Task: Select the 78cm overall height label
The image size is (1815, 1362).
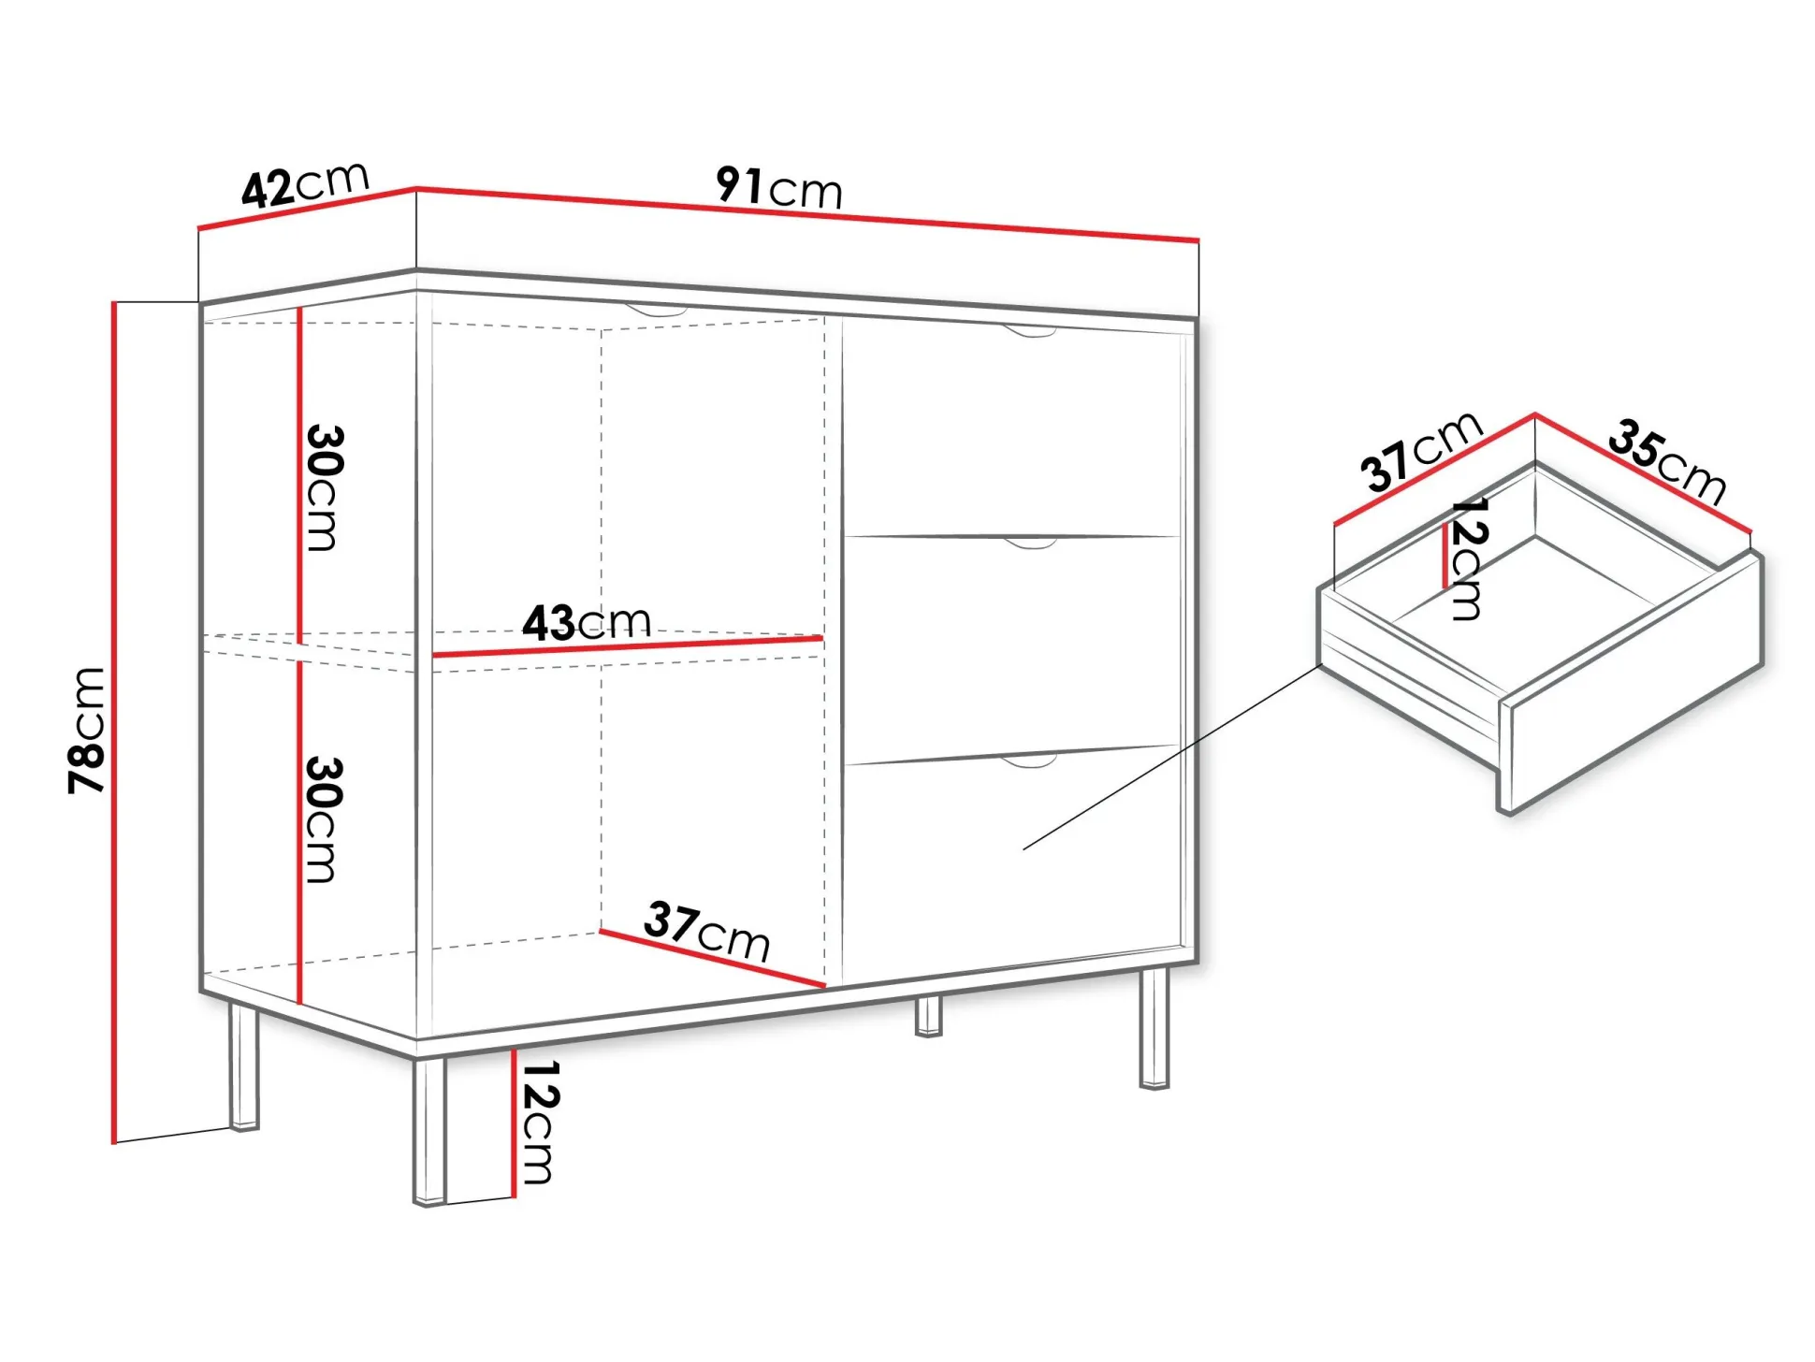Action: (x=87, y=731)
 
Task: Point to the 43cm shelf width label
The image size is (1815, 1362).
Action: (x=586, y=622)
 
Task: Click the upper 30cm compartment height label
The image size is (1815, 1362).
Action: (x=324, y=487)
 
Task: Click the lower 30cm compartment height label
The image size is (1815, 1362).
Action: (x=324, y=819)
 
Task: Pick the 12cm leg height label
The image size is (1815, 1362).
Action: (x=539, y=1122)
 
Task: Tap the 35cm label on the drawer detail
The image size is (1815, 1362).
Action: (x=1667, y=461)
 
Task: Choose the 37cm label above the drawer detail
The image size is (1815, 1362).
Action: (x=1421, y=451)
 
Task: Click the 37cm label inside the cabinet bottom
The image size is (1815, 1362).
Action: (x=706, y=931)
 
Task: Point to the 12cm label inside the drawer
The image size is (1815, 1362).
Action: (x=1467, y=558)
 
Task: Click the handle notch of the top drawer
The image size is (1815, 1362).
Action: (x=1030, y=331)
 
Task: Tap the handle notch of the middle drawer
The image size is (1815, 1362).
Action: (x=1030, y=543)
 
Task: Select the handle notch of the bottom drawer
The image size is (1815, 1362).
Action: (x=1030, y=761)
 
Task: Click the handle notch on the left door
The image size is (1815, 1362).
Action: (x=658, y=310)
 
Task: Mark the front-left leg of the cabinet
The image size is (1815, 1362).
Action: (x=429, y=1130)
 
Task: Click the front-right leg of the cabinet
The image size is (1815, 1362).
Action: (x=1154, y=1027)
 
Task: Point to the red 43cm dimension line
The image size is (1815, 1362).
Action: (x=628, y=646)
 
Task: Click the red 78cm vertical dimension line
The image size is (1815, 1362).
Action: (x=114, y=722)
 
